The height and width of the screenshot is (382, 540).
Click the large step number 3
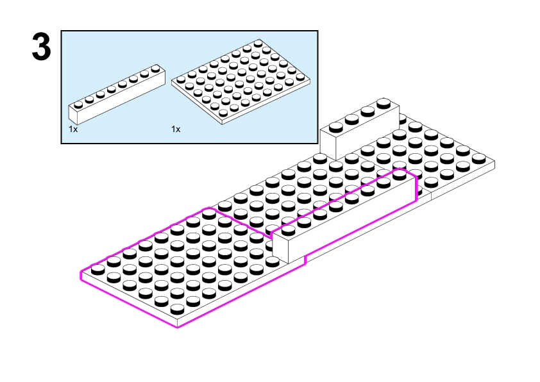[41, 47]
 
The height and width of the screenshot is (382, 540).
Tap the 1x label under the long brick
[73, 129]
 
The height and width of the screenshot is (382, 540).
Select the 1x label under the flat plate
[176, 129]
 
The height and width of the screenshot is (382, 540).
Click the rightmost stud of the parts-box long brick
[155, 67]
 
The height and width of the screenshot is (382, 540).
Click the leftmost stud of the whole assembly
[97, 267]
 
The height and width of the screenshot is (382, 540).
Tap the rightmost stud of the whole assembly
[478, 158]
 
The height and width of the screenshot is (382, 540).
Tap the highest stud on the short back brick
[384, 103]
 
